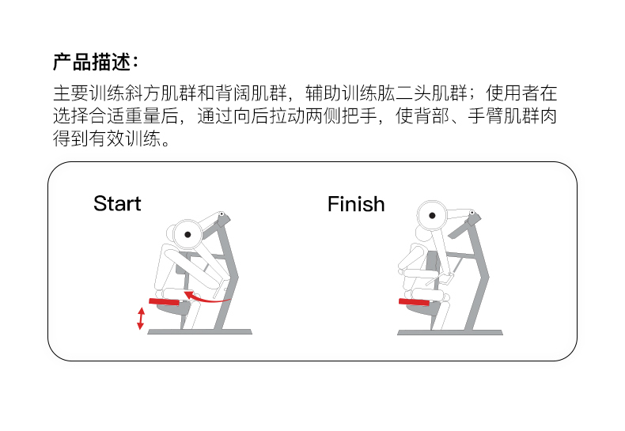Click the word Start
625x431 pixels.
click(117, 204)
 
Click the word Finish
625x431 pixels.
click(356, 205)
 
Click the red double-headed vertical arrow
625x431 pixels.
click(141, 318)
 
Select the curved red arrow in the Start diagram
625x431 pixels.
click(206, 297)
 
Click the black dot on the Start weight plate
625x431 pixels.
click(187, 234)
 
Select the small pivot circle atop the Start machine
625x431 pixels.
click(222, 214)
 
